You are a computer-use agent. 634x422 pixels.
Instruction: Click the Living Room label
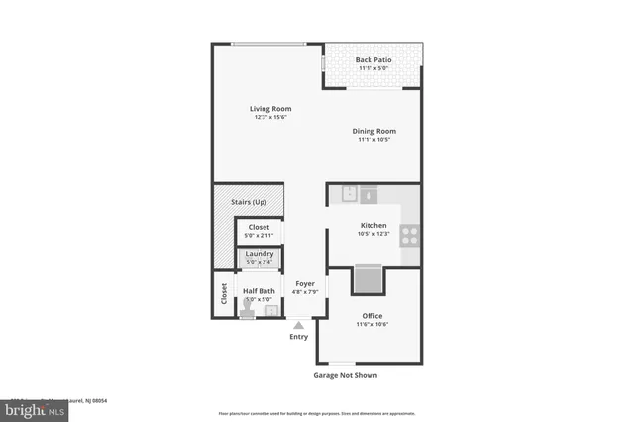[269, 109]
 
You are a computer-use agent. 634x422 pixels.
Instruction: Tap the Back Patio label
[373, 60]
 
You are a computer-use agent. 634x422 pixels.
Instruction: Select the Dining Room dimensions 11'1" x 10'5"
[373, 140]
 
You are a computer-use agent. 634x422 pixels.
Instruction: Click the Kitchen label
[373, 226]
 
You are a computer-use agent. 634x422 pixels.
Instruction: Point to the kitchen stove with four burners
[410, 236]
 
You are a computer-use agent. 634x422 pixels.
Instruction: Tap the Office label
[372, 315]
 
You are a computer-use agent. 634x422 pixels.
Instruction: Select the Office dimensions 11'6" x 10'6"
[372, 324]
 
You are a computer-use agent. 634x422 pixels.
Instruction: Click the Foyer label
[304, 283]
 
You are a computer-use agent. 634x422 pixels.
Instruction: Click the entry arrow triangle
[299, 324]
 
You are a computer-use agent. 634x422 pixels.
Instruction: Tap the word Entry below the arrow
[299, 337]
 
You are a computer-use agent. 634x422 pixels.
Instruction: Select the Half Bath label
[260, 291]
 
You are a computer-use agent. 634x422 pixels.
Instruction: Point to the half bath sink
[271, 311]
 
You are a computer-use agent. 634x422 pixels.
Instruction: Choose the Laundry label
[259, 254]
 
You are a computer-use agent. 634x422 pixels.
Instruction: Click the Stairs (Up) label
[249, 202]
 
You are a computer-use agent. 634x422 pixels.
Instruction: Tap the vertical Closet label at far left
[224, 293]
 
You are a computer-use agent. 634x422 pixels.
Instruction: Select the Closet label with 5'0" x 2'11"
[259, 227]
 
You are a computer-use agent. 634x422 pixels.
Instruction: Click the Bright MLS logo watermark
[35, 409]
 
